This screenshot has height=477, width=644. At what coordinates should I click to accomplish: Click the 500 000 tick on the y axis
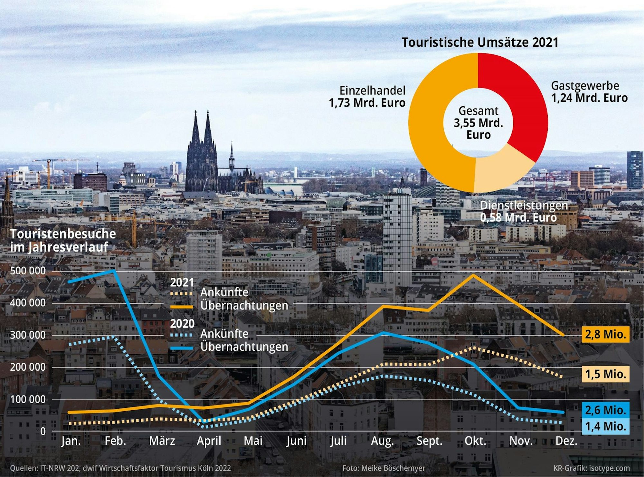tap(28, 271)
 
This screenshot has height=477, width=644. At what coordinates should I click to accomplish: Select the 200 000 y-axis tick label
tap(28, 367)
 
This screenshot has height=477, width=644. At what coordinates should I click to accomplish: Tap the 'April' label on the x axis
tap(209, 441)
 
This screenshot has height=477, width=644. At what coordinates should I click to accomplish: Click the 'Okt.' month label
tap(475, 441)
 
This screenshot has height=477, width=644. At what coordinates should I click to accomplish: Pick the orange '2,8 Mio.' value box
tap(605, 334)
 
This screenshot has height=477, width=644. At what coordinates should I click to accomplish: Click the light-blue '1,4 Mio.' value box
tap(605, 426)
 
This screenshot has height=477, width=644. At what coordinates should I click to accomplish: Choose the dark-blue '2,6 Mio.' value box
tap(605, 410)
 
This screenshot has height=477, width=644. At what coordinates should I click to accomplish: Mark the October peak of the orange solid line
tap(473, 275)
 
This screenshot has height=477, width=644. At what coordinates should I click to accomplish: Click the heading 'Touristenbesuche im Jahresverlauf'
tap(63, 240)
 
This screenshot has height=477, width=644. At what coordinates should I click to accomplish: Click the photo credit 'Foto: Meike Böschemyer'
tap(384, 468)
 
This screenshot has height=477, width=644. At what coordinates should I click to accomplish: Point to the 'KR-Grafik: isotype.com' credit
tap(592, 468)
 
